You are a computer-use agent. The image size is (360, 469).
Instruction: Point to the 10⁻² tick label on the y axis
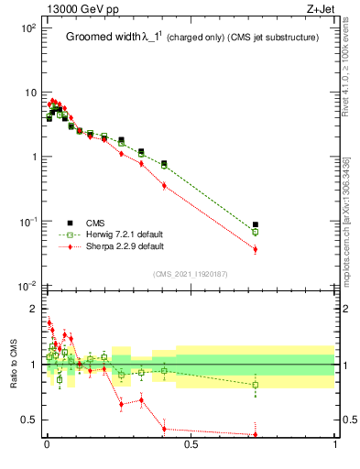pyautogui.click(x=27, y=287)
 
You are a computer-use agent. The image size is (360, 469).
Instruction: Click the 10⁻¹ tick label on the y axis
pyautogui.click(x=27, y=222)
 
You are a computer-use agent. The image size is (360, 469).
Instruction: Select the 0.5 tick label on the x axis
pyautogui.click(x=191, y=445)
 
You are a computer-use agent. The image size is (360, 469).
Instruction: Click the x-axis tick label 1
pyautogui.click(x=335, y=445)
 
